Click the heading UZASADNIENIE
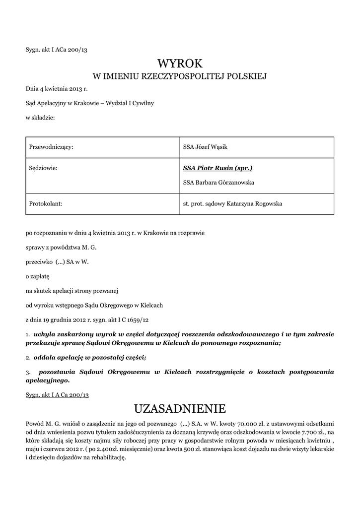(180, 409)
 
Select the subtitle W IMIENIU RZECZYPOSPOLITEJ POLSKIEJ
(180, 76)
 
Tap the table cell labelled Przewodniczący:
(52, 147)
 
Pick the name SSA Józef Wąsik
(205, 147)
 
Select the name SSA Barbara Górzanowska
(218, 183)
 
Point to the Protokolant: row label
(46, 203)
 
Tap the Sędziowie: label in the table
(44, 168)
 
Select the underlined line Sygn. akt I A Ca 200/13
(57, 394)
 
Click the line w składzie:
(40, 118)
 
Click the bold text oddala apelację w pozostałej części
(89, 357)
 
